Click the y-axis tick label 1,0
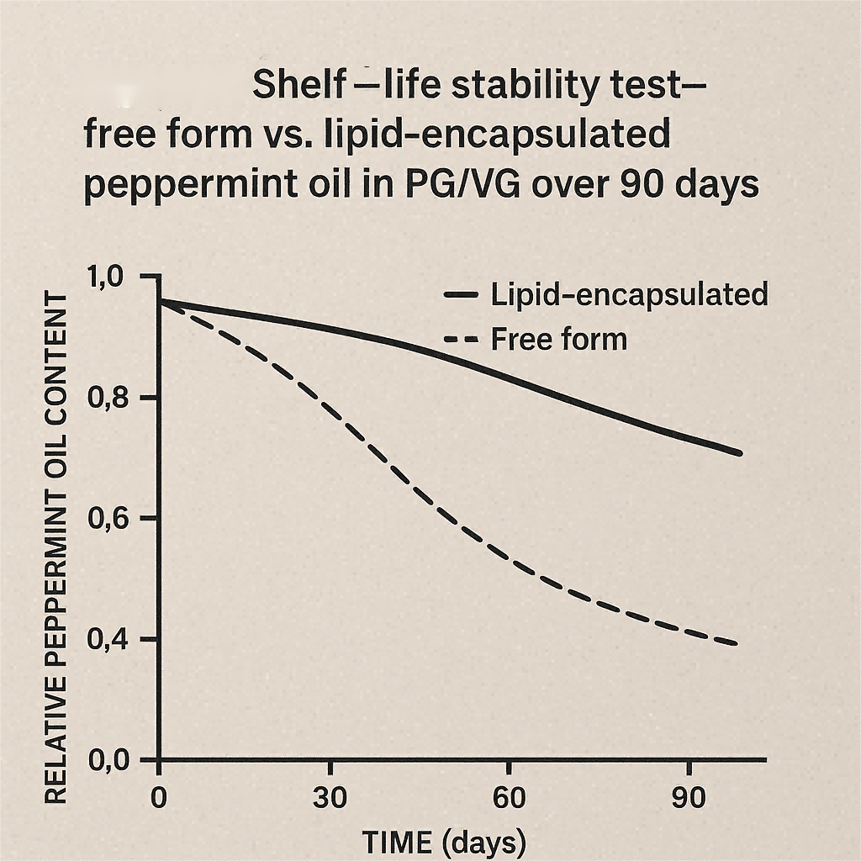(x=104, y=277)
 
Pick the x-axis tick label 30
(x=330, y=798)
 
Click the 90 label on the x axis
(x=689, y=798)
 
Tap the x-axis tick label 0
(x=159, y=798)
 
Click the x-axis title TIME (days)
(x=444, y=842)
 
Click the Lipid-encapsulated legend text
(x=628, y=295)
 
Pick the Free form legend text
(x=558, y=339)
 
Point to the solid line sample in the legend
(x=460, y=295)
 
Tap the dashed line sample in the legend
(x=460, y=340)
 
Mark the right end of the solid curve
(x=740, y=453)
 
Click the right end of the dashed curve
(x=737, y=645)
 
